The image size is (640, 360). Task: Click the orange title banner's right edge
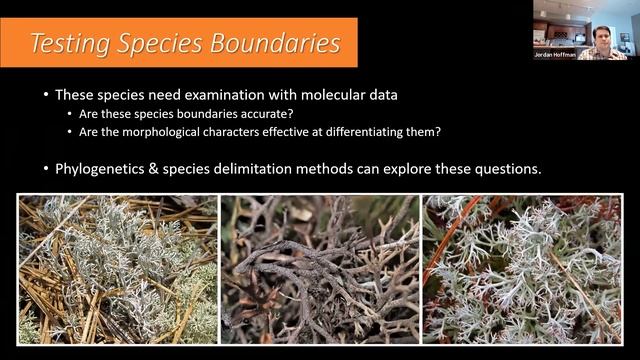(356, 42)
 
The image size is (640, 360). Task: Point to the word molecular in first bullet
(326, 95)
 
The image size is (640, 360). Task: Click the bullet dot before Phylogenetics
(44, 169)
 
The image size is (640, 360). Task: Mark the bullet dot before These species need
(44, 95)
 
